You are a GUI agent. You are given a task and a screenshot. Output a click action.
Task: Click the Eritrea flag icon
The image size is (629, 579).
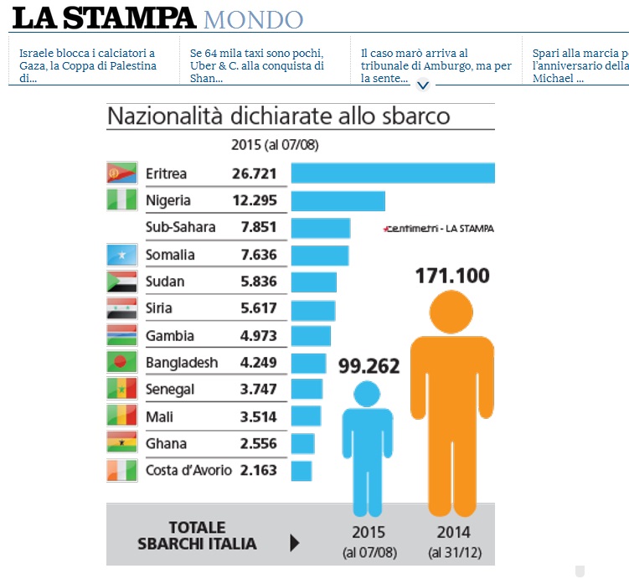[121, 173]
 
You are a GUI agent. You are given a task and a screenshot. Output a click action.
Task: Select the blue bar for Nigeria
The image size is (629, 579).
[338, 201]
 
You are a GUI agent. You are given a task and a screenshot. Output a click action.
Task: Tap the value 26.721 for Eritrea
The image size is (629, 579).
[255, 173]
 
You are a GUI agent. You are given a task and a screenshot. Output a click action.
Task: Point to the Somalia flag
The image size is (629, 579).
[121, 255]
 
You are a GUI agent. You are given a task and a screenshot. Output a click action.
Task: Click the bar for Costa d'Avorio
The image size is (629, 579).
[302, 470]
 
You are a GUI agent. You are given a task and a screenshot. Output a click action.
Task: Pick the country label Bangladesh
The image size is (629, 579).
[182, 363]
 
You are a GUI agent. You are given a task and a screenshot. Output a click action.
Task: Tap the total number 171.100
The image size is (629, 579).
[452, 275]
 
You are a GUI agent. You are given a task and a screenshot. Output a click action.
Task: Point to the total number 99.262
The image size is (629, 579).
[369, 365]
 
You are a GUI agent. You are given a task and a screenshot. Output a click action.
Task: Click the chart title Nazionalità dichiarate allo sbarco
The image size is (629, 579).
[278, 116]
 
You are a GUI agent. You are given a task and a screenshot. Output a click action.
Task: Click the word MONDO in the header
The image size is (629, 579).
[253, 18]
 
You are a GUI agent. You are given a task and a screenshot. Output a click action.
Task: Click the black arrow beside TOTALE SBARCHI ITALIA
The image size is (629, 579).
[294, 543]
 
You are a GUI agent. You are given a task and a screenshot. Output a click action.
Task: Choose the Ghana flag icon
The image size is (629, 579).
[121, 443]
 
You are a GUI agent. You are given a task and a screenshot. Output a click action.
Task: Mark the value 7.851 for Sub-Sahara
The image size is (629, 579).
[258, 227]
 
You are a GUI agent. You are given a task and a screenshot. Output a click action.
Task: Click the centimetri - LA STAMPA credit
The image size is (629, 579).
[438, 228]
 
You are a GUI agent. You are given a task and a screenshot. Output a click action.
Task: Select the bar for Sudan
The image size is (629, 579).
[313, 282]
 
